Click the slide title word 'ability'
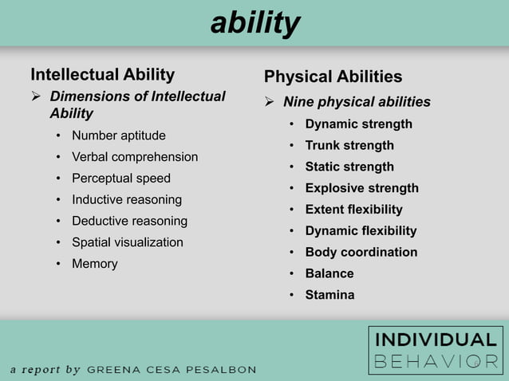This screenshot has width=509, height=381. (254, 24)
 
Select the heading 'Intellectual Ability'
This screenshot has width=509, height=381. (102, 75)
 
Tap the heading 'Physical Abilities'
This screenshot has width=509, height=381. (333, 77)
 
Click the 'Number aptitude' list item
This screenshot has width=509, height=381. (119, 136)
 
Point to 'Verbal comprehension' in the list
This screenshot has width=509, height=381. (135, 157)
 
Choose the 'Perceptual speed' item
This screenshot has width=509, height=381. (121, 179)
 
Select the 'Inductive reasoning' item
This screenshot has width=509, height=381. (127, 199)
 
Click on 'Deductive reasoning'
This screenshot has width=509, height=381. (129, 221)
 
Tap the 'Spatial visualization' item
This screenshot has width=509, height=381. (128, 242)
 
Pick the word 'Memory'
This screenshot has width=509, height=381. (94, 264)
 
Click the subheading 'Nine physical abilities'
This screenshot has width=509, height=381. (357, 102)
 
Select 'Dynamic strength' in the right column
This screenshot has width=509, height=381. (358, 124)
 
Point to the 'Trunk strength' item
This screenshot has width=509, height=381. (349, 146)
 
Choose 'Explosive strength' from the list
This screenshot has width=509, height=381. (361, 188)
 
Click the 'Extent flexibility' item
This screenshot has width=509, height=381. (353, 210)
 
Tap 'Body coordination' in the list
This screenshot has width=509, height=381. (361, 253)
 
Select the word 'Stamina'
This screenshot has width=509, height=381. (329, 295)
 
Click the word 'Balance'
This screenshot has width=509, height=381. (329, 273)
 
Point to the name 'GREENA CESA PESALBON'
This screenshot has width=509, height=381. (172, 370)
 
